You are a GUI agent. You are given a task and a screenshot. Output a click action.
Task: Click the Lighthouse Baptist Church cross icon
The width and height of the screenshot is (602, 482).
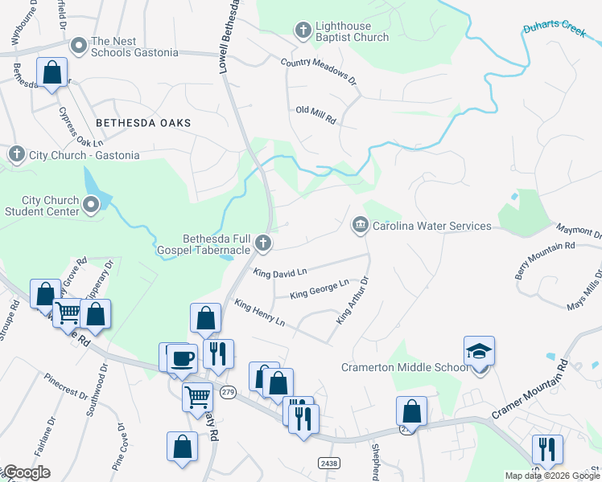click(x=303, y=31)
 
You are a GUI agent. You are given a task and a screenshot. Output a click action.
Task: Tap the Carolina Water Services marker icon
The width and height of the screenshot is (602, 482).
click(x=360, y=226)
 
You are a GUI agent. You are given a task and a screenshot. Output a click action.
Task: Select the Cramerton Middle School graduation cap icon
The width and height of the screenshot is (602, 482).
click(x=479, y=352)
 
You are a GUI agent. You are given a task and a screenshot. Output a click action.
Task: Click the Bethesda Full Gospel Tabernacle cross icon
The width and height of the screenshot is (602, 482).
click(x=262, y=243)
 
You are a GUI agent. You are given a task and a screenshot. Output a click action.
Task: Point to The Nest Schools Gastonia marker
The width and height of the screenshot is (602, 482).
click(x=79, y=47)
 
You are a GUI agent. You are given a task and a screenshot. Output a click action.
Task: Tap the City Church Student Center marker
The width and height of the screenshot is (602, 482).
click(x=91, y=206)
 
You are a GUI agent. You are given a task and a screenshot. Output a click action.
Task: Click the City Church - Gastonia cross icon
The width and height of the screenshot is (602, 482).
click(x=16, y=154)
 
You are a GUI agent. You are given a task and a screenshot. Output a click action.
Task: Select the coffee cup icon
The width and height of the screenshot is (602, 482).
click(x=182, y=358)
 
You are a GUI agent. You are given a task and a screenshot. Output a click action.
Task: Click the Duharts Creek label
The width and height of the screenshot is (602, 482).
click(x=553, y=30)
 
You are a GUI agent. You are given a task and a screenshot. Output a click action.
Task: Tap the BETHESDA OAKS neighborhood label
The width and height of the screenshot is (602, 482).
click(x=143, y=123)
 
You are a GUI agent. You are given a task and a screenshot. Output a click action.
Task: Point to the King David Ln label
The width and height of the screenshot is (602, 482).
click(x=280, y=273)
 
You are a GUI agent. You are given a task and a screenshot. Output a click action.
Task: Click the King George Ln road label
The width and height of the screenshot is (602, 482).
click(x=319, y=289)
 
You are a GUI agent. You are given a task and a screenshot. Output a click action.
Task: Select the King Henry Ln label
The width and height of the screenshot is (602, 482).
click(x=259, y=312)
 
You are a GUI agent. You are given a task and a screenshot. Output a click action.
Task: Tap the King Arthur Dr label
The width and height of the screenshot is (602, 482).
click(x=352, y=301)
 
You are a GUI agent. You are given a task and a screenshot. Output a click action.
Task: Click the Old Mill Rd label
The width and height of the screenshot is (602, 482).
click(x=315, y=115)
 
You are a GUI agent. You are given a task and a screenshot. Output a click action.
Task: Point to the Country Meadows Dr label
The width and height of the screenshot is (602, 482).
click(x=318, y=71)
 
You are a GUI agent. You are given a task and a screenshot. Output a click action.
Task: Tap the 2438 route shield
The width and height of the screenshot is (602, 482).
click(x=328, y=463)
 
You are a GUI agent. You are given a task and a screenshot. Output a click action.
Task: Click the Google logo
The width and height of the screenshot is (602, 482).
click(x=27, y=472)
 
